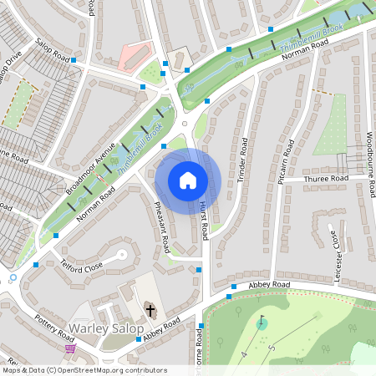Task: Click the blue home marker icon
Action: tap(188, 180)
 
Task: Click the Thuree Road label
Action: tap(326, 179)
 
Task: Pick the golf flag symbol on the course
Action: tap(262, 321)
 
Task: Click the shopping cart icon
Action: tap(70, 349)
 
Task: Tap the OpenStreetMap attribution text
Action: tap(84, 370)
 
